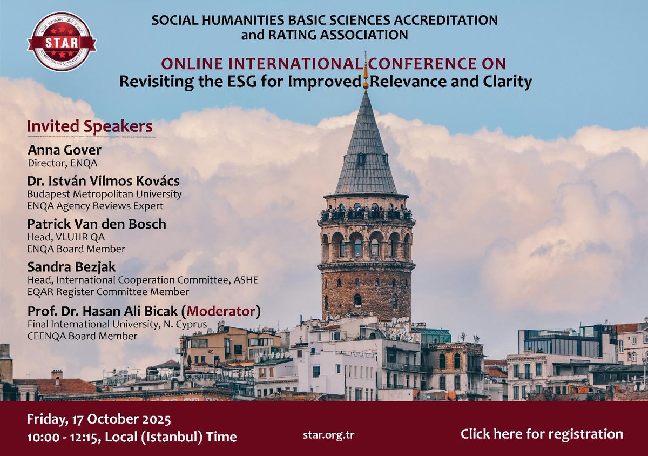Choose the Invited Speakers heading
coord(90,126)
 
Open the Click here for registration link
coord(542,434)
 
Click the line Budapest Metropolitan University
coord(105,194)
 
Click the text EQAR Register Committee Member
coord(108,292)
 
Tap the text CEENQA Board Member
coord(82,336)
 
